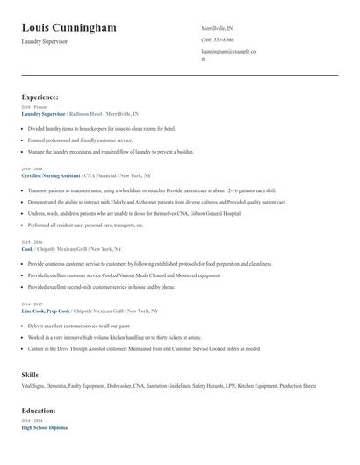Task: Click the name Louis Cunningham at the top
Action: (68, 28)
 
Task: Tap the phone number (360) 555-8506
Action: (217, 40)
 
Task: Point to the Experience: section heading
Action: (40, 97)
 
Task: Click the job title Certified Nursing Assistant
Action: (56, 176)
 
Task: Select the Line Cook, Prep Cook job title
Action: (46, 311)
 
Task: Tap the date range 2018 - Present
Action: (34, 107)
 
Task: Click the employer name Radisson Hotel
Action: (85, 114)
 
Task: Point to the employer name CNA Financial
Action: (116, 176)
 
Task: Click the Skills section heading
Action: (30, 375)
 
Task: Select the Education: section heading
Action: (40, 410)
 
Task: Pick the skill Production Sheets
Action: (298, 386)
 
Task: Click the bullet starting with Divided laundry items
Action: (102, 128)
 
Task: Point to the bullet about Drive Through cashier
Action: (143, 348)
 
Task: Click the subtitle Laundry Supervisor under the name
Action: (45, 42)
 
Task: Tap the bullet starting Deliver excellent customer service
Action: (86, 325)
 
